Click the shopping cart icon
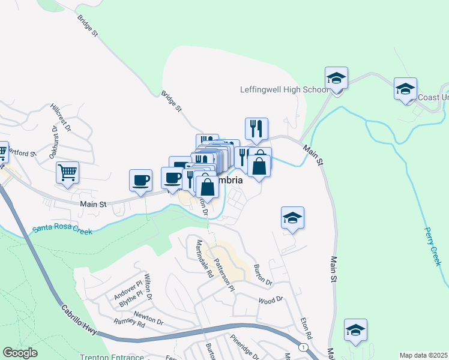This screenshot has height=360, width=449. [x=67, y=172]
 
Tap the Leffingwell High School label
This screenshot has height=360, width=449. [x=284, y=89]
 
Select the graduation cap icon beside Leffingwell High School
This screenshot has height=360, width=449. [x=336, y=79]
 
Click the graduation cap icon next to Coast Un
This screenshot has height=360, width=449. [x=405, y=89]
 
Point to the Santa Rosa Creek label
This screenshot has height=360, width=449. [x=62, y=229]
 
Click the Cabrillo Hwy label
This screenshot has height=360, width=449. [x=79, y=319]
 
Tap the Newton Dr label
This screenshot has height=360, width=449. [x=148, y=317]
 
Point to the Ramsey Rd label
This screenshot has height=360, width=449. [x=130, y=324]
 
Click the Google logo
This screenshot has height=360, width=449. [x=20, y=353]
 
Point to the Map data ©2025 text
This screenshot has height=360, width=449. [x=423, y=355]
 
